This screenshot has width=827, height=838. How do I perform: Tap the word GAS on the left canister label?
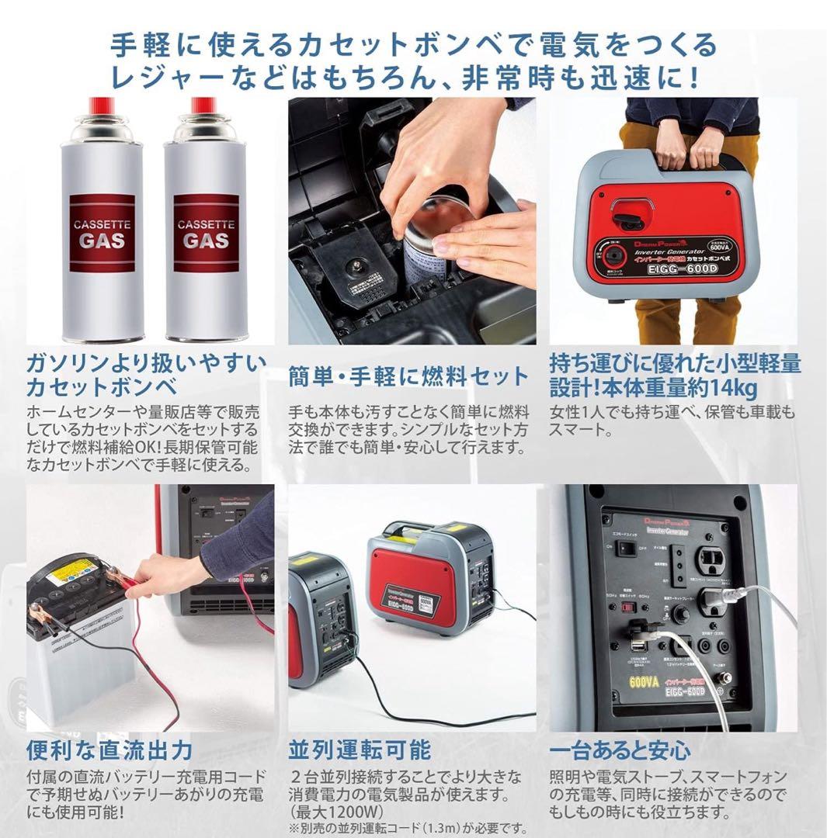click(101, 240)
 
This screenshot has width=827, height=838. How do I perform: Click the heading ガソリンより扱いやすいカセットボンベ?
click(145, 375)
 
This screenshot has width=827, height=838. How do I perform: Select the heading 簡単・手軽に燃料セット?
click(408, 377)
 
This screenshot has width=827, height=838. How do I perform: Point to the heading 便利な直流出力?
click(109, 750)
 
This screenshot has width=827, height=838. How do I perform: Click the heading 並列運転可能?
click(359, 750)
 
